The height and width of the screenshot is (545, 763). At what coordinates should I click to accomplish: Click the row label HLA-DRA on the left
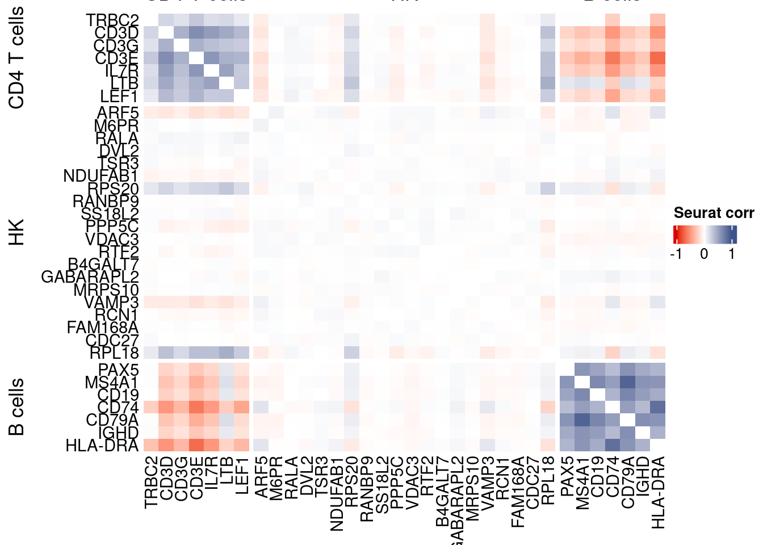(102, 446)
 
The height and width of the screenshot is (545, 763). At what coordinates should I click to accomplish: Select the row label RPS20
(113, 188)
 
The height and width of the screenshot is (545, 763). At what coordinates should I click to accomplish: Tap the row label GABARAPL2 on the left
(90, 277)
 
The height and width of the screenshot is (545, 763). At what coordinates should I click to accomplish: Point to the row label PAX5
(118, 370)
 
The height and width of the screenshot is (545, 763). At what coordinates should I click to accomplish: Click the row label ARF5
(118, 112)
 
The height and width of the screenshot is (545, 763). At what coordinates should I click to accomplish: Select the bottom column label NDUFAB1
(337, 494)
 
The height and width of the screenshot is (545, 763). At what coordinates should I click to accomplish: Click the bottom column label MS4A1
(582, 483)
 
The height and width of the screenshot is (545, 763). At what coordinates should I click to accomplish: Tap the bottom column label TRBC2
(150, 483)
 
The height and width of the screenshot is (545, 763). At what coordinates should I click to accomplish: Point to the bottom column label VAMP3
(488, 483)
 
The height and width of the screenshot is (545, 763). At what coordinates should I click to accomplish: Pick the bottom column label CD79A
(628, 483)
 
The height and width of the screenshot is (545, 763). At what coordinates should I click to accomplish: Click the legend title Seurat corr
(714, 213)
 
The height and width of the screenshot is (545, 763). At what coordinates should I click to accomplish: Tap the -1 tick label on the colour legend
(676, 254)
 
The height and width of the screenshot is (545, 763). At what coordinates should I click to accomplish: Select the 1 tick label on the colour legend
(732, 254)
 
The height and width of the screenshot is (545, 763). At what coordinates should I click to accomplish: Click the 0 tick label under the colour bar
(704, 254)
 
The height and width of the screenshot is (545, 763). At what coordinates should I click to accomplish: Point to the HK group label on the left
(17, 232)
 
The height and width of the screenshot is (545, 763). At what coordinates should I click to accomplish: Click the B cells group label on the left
(17, 407)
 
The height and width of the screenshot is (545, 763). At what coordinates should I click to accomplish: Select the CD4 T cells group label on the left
(17, 57)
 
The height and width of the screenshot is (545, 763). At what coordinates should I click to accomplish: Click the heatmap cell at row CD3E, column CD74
(613, 58)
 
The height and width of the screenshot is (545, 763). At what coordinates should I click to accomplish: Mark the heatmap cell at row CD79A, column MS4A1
(582, 420)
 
